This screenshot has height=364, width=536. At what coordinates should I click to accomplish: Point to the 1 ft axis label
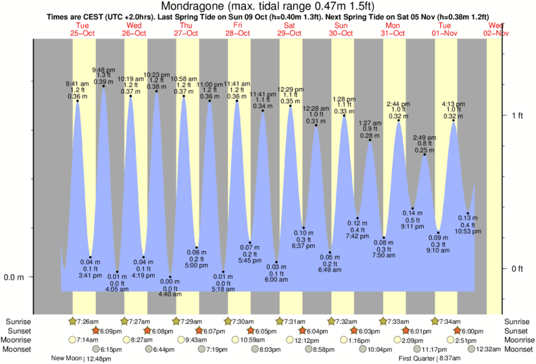tap(518, 115)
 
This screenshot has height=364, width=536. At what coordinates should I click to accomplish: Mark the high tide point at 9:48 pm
tap(103, 85)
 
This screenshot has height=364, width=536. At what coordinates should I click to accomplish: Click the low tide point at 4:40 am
tap(170, 278)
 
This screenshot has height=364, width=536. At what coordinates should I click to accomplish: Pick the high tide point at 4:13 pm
tap(453, 122)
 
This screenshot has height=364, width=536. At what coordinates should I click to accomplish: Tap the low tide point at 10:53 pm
tap(468, 213)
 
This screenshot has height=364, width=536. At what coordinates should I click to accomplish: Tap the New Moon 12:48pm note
tap(79, 359)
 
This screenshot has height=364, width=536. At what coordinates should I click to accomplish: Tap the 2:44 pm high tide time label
tap(397, 104)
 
